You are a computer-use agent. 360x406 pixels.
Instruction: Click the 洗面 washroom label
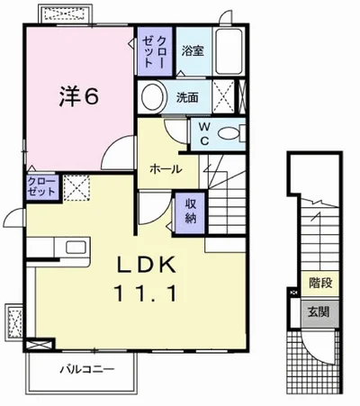187,96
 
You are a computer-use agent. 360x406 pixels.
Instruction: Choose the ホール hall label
166,168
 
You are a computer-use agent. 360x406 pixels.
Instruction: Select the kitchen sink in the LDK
73,247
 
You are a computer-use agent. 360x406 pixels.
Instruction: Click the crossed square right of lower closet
75,188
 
